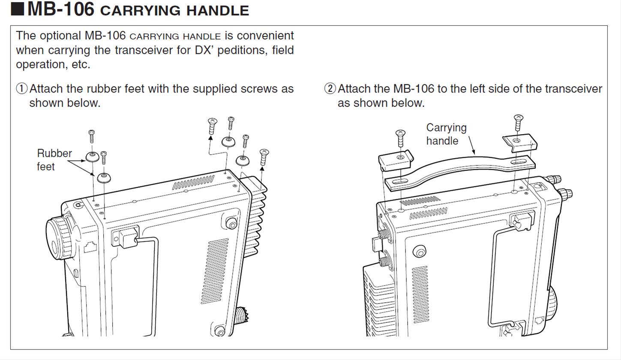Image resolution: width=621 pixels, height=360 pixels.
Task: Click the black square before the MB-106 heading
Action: [x=18, y=9]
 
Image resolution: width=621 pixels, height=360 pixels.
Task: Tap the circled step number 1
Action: [x=21, y=89]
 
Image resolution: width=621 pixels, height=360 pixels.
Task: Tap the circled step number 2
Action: [x=330, y=89]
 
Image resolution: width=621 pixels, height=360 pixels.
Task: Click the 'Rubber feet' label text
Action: [x=54, y=160]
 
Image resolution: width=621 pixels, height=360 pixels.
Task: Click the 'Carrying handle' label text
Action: [x=446, y=134]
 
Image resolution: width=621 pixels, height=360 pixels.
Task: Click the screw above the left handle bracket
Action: [x=400, y=138]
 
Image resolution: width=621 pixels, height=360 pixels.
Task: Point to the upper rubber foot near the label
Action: [x=92, y=156]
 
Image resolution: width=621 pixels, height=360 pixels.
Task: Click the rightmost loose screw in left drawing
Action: [x=264, y=157]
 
